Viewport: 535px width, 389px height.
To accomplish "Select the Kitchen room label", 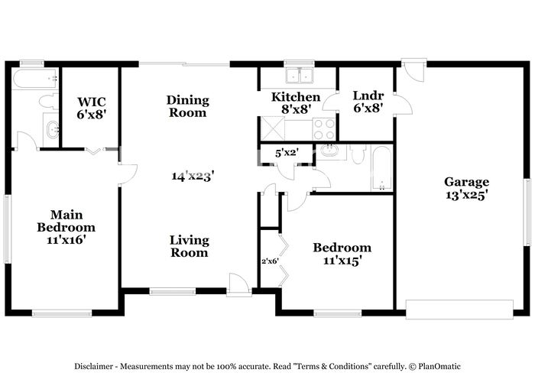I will [296, 97].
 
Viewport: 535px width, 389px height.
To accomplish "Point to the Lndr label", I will [367, 96].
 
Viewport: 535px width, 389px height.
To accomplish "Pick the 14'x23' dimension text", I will [193, 176].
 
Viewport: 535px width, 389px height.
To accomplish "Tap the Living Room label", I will [189, 246].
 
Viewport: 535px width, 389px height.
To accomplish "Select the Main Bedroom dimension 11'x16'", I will [66, 239].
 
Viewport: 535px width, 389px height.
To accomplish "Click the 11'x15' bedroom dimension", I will [342, 261].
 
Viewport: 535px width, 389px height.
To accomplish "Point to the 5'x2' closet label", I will [286, 152].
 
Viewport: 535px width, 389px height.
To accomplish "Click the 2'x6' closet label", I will [270, 261].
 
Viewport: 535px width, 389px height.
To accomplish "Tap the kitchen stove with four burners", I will [324, 128].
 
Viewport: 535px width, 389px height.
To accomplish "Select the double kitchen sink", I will [300, 76].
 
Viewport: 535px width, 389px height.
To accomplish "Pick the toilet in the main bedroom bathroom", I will [46, 101].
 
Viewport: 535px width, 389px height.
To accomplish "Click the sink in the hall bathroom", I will [330, 151].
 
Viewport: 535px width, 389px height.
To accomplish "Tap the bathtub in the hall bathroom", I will [380, 168].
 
